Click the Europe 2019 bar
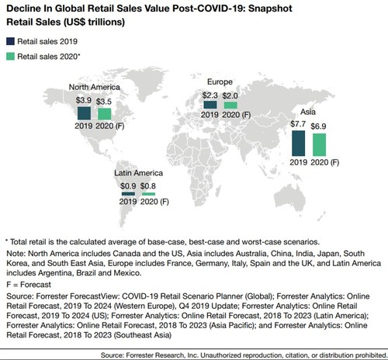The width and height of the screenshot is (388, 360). point(210,105)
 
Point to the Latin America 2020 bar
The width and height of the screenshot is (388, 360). point(138,194)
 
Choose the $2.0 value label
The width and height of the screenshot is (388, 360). point(230,96)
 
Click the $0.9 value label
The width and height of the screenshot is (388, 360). point(116,187)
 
